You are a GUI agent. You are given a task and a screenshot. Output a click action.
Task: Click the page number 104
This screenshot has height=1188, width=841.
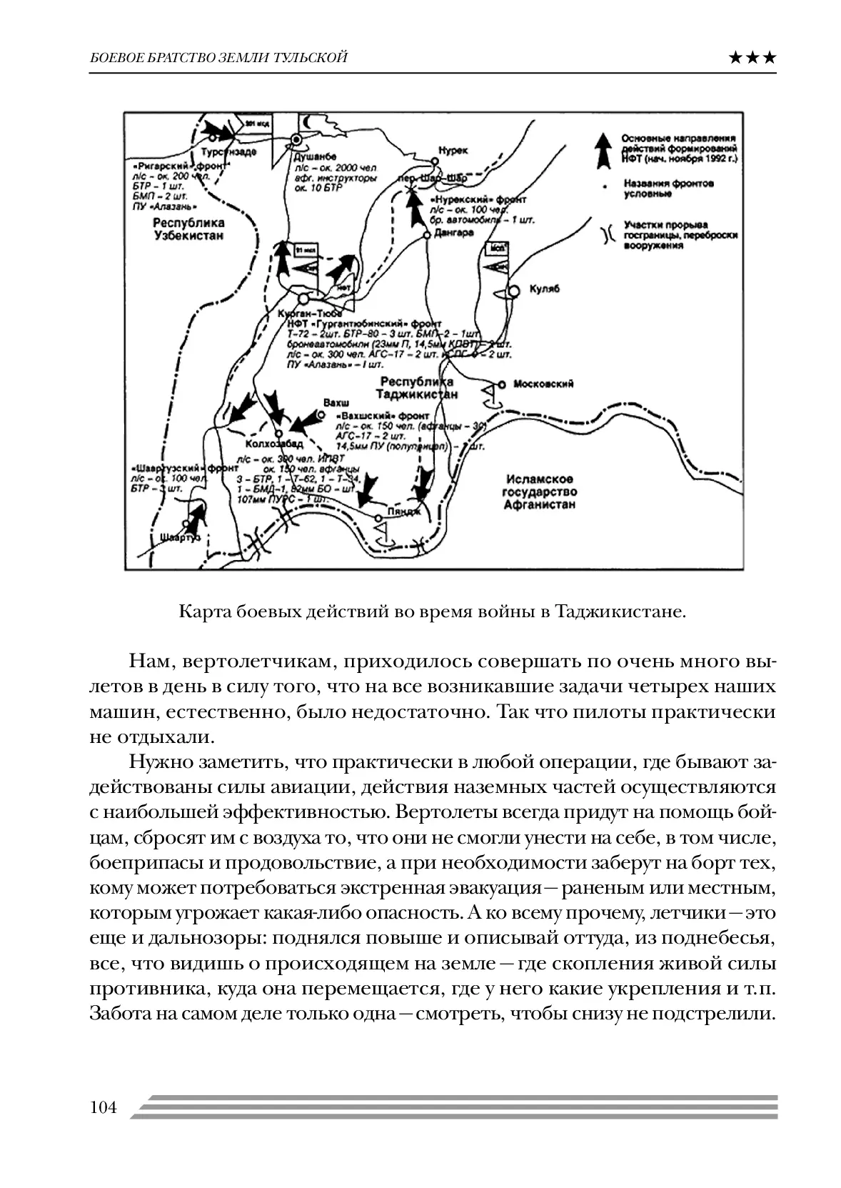point(104,1108)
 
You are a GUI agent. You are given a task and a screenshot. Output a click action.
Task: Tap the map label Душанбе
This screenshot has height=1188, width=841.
point(314,155)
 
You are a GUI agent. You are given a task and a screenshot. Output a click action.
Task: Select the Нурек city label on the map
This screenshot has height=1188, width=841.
point(453,151)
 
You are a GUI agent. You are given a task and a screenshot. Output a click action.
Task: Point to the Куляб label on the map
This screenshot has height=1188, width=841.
point(545,289)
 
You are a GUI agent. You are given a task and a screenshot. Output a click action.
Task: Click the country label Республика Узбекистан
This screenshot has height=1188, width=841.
point(188,229)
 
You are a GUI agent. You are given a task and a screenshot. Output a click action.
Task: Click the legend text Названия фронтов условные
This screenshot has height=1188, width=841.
point(668,189)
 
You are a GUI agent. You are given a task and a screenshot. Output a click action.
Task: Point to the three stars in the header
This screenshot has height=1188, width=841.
point(752,59)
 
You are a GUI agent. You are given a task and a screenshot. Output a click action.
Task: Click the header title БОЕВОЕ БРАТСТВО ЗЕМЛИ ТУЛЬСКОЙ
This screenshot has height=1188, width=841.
point(218,58)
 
